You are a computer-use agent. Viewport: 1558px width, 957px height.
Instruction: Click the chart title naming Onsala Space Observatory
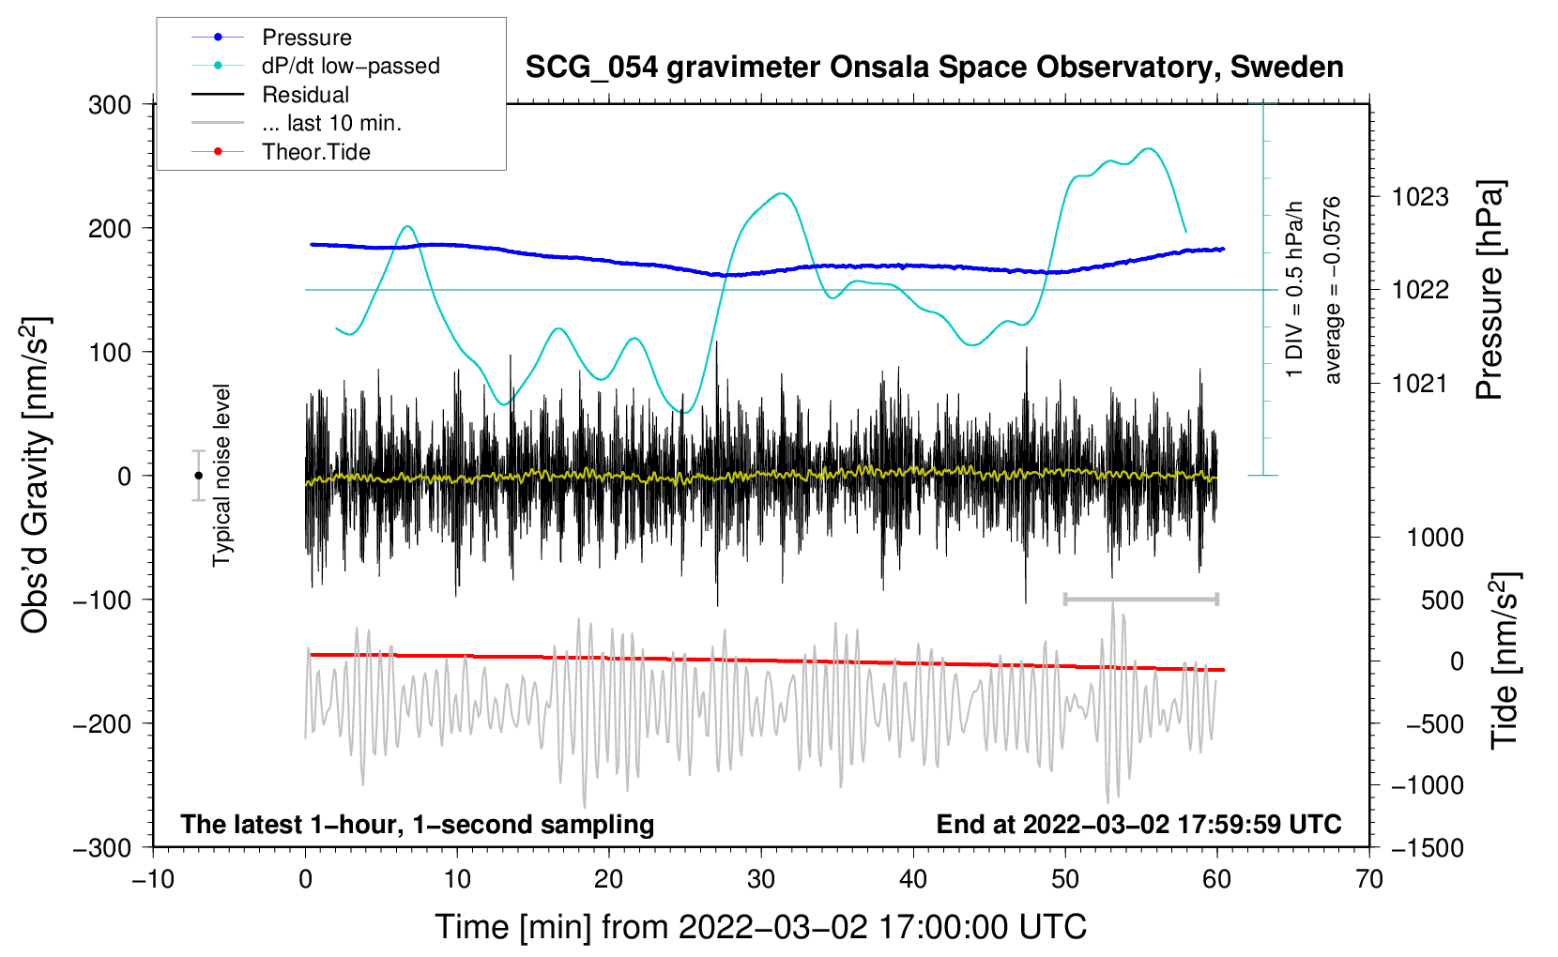click(934, 68)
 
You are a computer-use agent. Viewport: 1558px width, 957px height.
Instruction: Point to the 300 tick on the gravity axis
click(110, 105)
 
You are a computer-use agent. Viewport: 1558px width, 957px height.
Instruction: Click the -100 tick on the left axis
click(102, 600)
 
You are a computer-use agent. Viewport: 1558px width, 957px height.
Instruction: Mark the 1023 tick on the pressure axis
click(1420, 197)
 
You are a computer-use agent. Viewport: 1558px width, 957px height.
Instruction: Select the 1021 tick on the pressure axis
click(1420, 383)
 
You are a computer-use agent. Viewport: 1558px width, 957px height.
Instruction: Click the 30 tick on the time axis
click(761, 879)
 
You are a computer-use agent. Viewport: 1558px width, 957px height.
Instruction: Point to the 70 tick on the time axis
click(1368, 879)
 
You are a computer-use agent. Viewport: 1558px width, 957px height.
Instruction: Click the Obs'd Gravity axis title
click(35, 476)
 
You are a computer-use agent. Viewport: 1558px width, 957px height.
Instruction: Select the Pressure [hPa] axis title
click(1489, 290)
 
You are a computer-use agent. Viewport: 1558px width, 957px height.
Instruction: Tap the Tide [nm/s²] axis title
click(1505, 661)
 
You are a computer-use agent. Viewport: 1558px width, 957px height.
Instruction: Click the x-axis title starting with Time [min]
click(761, 927)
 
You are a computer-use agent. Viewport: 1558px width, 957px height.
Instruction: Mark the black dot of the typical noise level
click(199, 476)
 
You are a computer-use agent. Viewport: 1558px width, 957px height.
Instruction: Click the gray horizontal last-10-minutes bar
click(1140, 599)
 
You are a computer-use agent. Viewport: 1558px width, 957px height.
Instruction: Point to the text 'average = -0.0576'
click(1333, 290)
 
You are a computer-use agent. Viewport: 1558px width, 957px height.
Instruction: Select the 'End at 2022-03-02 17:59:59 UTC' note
click(1139, 824)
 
